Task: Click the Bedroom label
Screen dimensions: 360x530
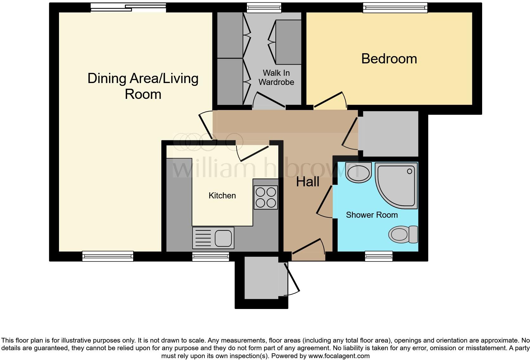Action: click(x=389, y=59)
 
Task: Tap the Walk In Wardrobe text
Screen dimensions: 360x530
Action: click(x=276, y=78)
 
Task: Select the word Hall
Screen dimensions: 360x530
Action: click(x=307, y=182)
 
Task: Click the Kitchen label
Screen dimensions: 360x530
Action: click(x=222, y=196)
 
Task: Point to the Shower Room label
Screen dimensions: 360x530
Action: click(x=372, y=215)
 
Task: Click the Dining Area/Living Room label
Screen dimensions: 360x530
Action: click(x=143, y=86)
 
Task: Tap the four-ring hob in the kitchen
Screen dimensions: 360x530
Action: click(x=266, y=197)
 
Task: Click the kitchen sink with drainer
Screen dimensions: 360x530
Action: click(x=213, y=238)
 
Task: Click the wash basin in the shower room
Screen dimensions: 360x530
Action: click(x=358, y=173)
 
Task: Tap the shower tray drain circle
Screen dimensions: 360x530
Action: click(x=410, y=171)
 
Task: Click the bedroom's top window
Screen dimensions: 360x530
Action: click(x=395, y=8)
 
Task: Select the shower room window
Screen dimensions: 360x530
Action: click(x=378, y=256)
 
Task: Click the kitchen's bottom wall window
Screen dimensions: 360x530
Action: click(x=211, y=257)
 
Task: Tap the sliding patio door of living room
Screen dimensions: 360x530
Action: click(x=128, y=8)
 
